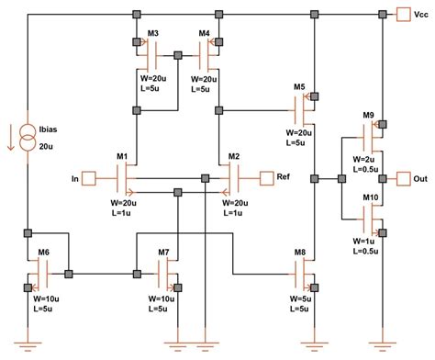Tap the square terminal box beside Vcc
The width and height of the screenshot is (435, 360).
click(402, 14)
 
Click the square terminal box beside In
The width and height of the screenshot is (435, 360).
click(89, 176)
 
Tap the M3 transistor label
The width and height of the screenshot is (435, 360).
click(154, 34)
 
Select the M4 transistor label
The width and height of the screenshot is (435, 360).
click(206, 34)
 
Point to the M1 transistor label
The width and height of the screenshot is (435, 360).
click(122, 157)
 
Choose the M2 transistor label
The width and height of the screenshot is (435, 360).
click(234, 157)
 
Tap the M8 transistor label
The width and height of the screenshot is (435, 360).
click(300, 252)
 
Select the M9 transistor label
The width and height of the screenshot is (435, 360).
click(368, 115)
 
